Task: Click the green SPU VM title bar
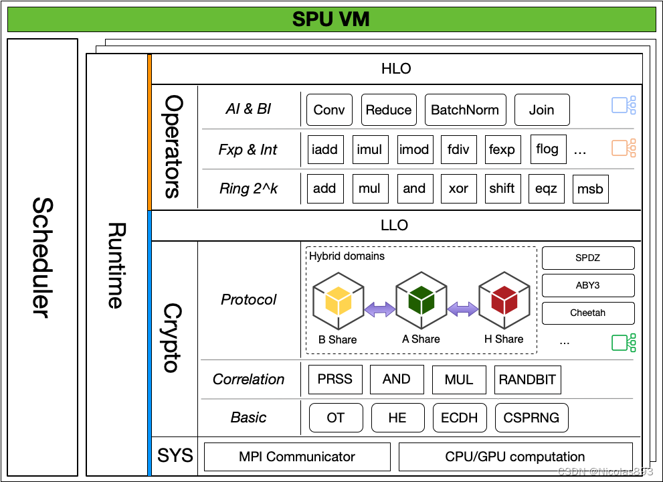click(x=331, y=19)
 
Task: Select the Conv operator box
click(x=329, y=110)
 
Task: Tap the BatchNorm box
click(x=465, y=110)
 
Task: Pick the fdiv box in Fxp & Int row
click(x=458, y=149)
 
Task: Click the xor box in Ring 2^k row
click(x=458, y=189)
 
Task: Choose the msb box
click(x=590, y=189)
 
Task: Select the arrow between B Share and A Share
click(x=380, y=309)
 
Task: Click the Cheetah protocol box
click(x=587, y=313)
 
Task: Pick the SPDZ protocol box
click(x=587, y=258)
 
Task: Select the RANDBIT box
click(x=527, y=380)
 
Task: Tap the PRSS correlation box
click(x=335, y=380)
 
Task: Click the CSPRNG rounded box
click(x=531, y=418)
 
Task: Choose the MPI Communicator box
click(x=297, y=457)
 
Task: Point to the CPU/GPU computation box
click(x=515, y=457)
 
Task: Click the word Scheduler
click(x=42, y=258)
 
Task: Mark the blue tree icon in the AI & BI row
click(x=624, y=106)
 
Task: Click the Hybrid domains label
click(x=347, y=256)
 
